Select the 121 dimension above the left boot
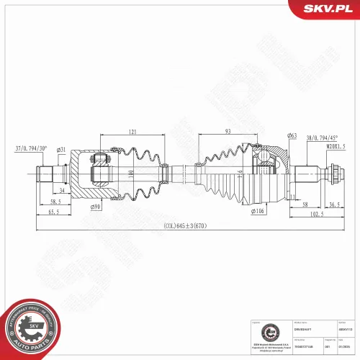click(133, 132)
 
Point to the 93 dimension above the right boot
click(227, 132)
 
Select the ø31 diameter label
click(62, 150)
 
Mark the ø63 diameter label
click(292, 136)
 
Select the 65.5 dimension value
click(53, 214)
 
